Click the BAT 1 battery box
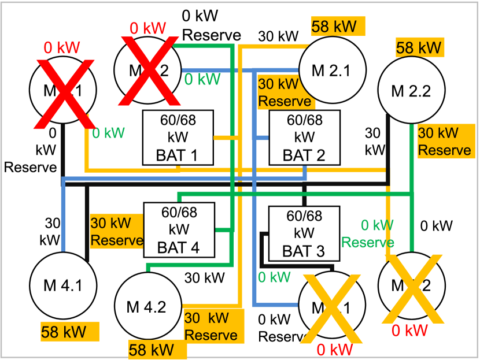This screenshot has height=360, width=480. pos(178,138)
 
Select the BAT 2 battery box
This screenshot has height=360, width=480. pos(305,138)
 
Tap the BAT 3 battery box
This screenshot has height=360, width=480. pos(304,233)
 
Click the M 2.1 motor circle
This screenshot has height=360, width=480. pos(332,70)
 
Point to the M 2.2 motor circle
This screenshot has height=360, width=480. pos(411,91)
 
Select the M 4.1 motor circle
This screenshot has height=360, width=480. pos(63,285)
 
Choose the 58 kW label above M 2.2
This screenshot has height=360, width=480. pos(419,47)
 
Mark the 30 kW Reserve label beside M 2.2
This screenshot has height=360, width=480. pos(444,142)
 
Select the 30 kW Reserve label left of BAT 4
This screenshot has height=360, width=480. pos(116,231)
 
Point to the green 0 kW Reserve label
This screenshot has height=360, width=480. pos(368,233)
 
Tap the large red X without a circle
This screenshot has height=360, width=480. pos(64,93)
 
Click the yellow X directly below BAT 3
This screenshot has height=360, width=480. pos(332,306)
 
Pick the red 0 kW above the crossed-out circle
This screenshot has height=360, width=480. pos(147,28)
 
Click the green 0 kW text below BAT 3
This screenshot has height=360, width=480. pos(274,277)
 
